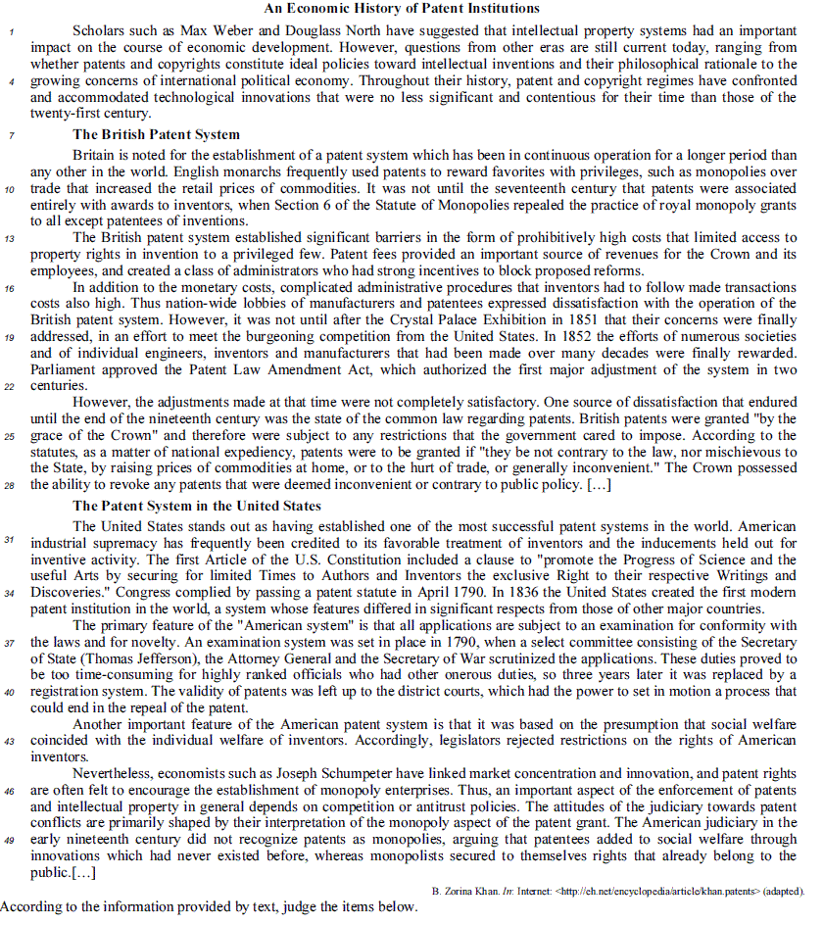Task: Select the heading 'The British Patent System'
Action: (156, 134)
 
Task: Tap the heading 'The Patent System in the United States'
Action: (196, 506)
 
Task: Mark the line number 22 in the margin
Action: (10, 387)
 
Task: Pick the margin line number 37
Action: (10, 643)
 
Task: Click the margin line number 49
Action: (10, 841)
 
